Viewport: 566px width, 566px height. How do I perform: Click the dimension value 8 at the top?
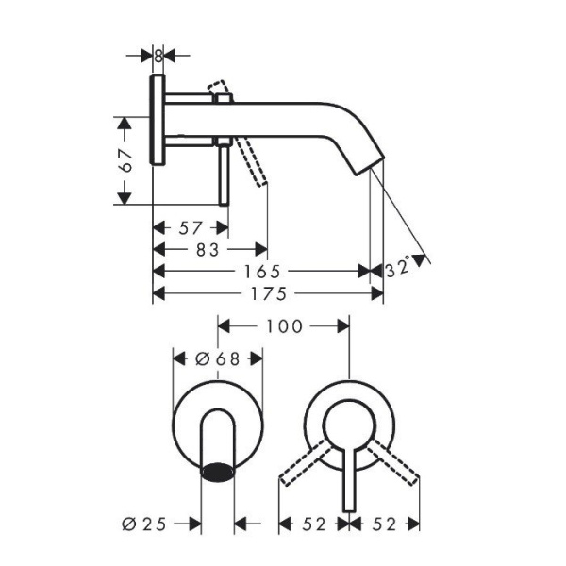[x=158, y=56]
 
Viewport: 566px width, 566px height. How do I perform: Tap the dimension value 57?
[x=190, y=228]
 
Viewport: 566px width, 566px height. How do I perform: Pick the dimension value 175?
[x=268, y=293]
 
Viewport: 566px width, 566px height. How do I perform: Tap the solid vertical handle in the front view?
[x=349, y=481]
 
